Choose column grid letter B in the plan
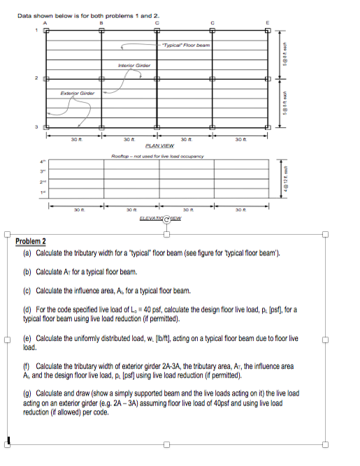click(x=101, y=22)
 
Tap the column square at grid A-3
click(x=46, y=127)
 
